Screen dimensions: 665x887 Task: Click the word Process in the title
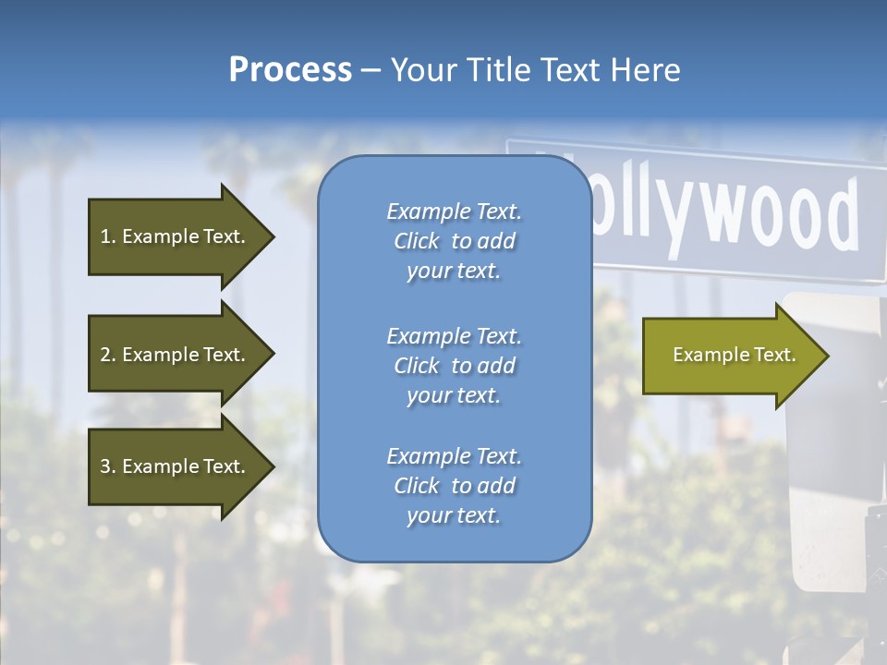pos(290,70)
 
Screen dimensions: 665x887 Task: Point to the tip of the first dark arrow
pos(273,236)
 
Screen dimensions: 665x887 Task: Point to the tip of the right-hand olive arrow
pos(828,356)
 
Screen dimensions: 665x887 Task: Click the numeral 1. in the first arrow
pos(107,236)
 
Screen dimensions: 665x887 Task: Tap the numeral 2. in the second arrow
pos(107,355)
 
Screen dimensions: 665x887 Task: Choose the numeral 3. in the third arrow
pos(107,466)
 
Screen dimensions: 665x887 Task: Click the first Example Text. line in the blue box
pos(454,212)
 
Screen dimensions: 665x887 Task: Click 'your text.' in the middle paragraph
pos(454,395)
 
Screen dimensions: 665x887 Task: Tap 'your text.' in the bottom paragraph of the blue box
pos(454,515)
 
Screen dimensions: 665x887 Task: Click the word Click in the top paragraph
pos(417,241)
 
